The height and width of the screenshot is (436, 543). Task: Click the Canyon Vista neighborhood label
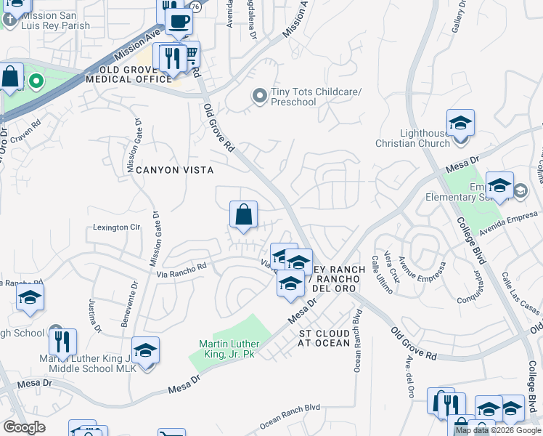click(175, 170)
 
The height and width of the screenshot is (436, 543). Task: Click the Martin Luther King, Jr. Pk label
click(230, 348)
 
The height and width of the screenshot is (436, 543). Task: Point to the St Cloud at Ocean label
click(324, 338)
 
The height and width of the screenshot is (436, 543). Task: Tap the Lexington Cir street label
click(116, 227)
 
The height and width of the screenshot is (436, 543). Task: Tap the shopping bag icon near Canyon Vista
click(244, 215)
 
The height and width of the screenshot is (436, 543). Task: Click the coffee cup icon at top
click(178, 20)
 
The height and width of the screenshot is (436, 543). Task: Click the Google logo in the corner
click(25, 427)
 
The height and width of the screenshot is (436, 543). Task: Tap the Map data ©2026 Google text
click(498, 430)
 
